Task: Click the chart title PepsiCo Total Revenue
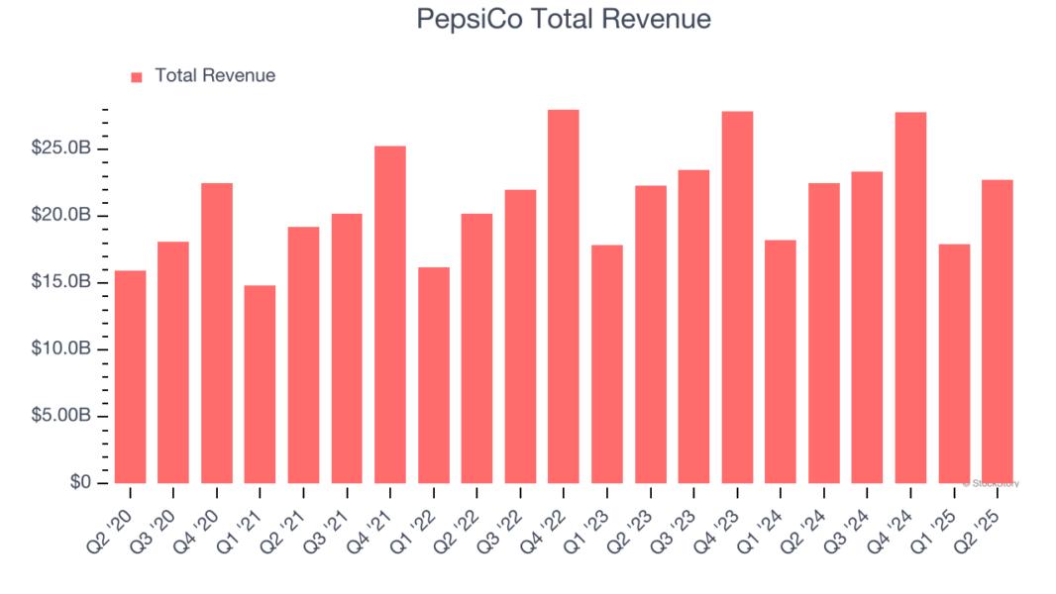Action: click(563, 19)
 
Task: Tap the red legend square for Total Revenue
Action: click(137, 76)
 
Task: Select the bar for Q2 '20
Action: click(130, 376)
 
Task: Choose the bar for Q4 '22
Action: click(563, 297)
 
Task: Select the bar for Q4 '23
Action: click(737, 297)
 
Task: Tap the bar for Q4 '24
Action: click(910, 298)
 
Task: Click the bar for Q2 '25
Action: click(997, 332)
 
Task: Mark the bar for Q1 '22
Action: click(433, 375)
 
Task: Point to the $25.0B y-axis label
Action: click(62, 149)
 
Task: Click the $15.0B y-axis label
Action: click(62, 283)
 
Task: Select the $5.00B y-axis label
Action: click(62, 417)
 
